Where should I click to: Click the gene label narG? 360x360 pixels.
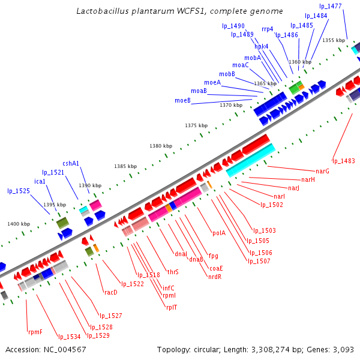323,172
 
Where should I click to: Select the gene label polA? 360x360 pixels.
219,233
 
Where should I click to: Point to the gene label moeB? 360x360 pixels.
183,100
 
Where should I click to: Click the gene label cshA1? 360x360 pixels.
71,163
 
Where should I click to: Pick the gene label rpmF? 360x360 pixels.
35,332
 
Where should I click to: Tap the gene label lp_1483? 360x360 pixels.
344,161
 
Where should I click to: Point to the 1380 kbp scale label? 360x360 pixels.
160,146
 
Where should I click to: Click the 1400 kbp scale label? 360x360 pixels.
19,224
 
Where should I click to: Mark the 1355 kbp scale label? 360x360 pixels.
334,40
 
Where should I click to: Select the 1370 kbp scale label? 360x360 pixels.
230,105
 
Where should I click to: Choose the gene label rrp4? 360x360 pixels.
268,29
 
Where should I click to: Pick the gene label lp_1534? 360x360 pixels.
69,337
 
